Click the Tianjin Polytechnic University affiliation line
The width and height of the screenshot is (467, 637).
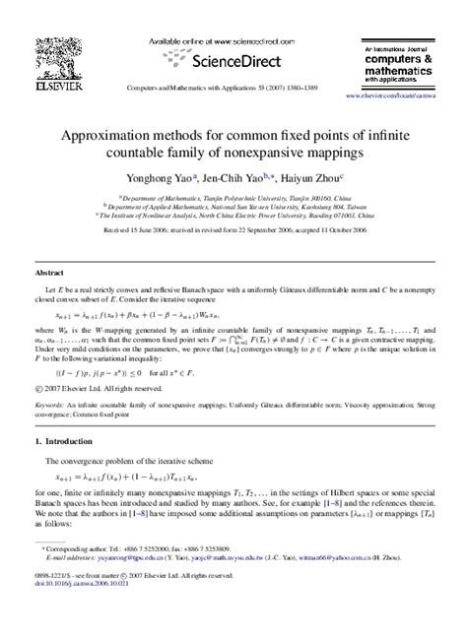(x=233, y=196)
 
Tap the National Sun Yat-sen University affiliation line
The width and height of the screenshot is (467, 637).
(x=233, y=205)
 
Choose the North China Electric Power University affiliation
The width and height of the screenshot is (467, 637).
(x=233, y=214)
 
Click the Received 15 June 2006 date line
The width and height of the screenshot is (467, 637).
(x=233, y=229)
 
